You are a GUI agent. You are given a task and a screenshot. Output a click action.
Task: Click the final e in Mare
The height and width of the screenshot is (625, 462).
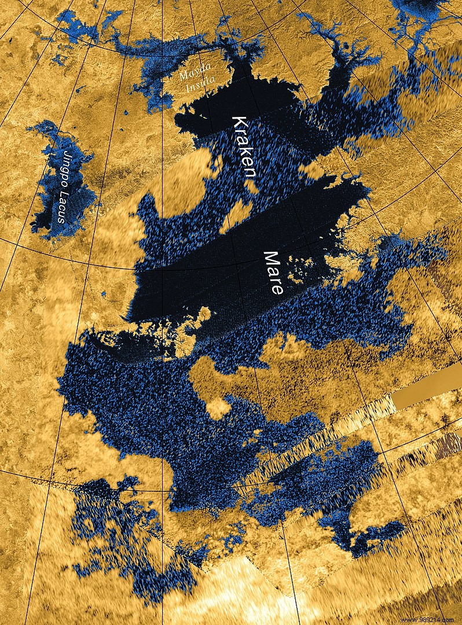point(278,289)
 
